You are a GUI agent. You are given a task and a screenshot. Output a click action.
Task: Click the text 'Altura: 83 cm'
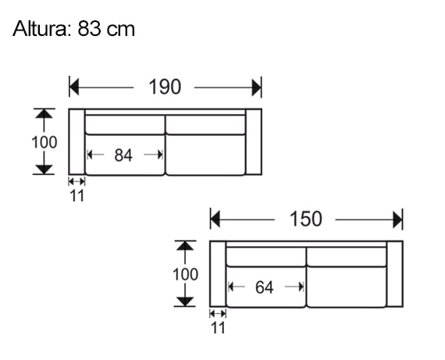click(x=74, y=29)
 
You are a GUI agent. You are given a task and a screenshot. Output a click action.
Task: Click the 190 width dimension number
click(x=165, y=87)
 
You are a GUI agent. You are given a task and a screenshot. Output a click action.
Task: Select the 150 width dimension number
click(x=305, y=219)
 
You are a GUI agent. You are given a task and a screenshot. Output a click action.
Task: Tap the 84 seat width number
click(x=123, y=155)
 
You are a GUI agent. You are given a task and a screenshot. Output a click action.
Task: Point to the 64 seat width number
click(x=264, y=288)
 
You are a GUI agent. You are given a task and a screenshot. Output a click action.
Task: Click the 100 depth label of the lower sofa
click(x=185, y=275)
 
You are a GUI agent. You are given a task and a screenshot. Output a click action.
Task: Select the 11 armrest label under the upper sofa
click(x=77, y=196)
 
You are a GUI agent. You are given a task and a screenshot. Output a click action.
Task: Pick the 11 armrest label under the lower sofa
click(x=218, y=328)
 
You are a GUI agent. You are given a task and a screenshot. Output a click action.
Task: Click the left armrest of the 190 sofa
click(x=77, y=142)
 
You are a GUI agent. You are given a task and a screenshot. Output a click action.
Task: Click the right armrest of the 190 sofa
click(x=254, y=142)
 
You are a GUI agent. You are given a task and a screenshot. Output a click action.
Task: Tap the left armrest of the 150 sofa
click(x=218, y=275)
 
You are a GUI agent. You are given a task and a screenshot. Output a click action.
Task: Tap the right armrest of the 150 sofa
click(x=394, y=275)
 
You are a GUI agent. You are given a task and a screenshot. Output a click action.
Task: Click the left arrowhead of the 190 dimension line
click(x=75, y=87)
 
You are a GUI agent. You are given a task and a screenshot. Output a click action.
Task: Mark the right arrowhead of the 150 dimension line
click(x=397, y=219)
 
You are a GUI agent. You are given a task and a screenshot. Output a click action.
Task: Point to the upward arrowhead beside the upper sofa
click(x=44, y=114)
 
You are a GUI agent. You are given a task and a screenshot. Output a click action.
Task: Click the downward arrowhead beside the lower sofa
click(x=185, y=301)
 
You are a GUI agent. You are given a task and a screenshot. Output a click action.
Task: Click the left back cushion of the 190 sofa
click(x=124, y=123)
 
